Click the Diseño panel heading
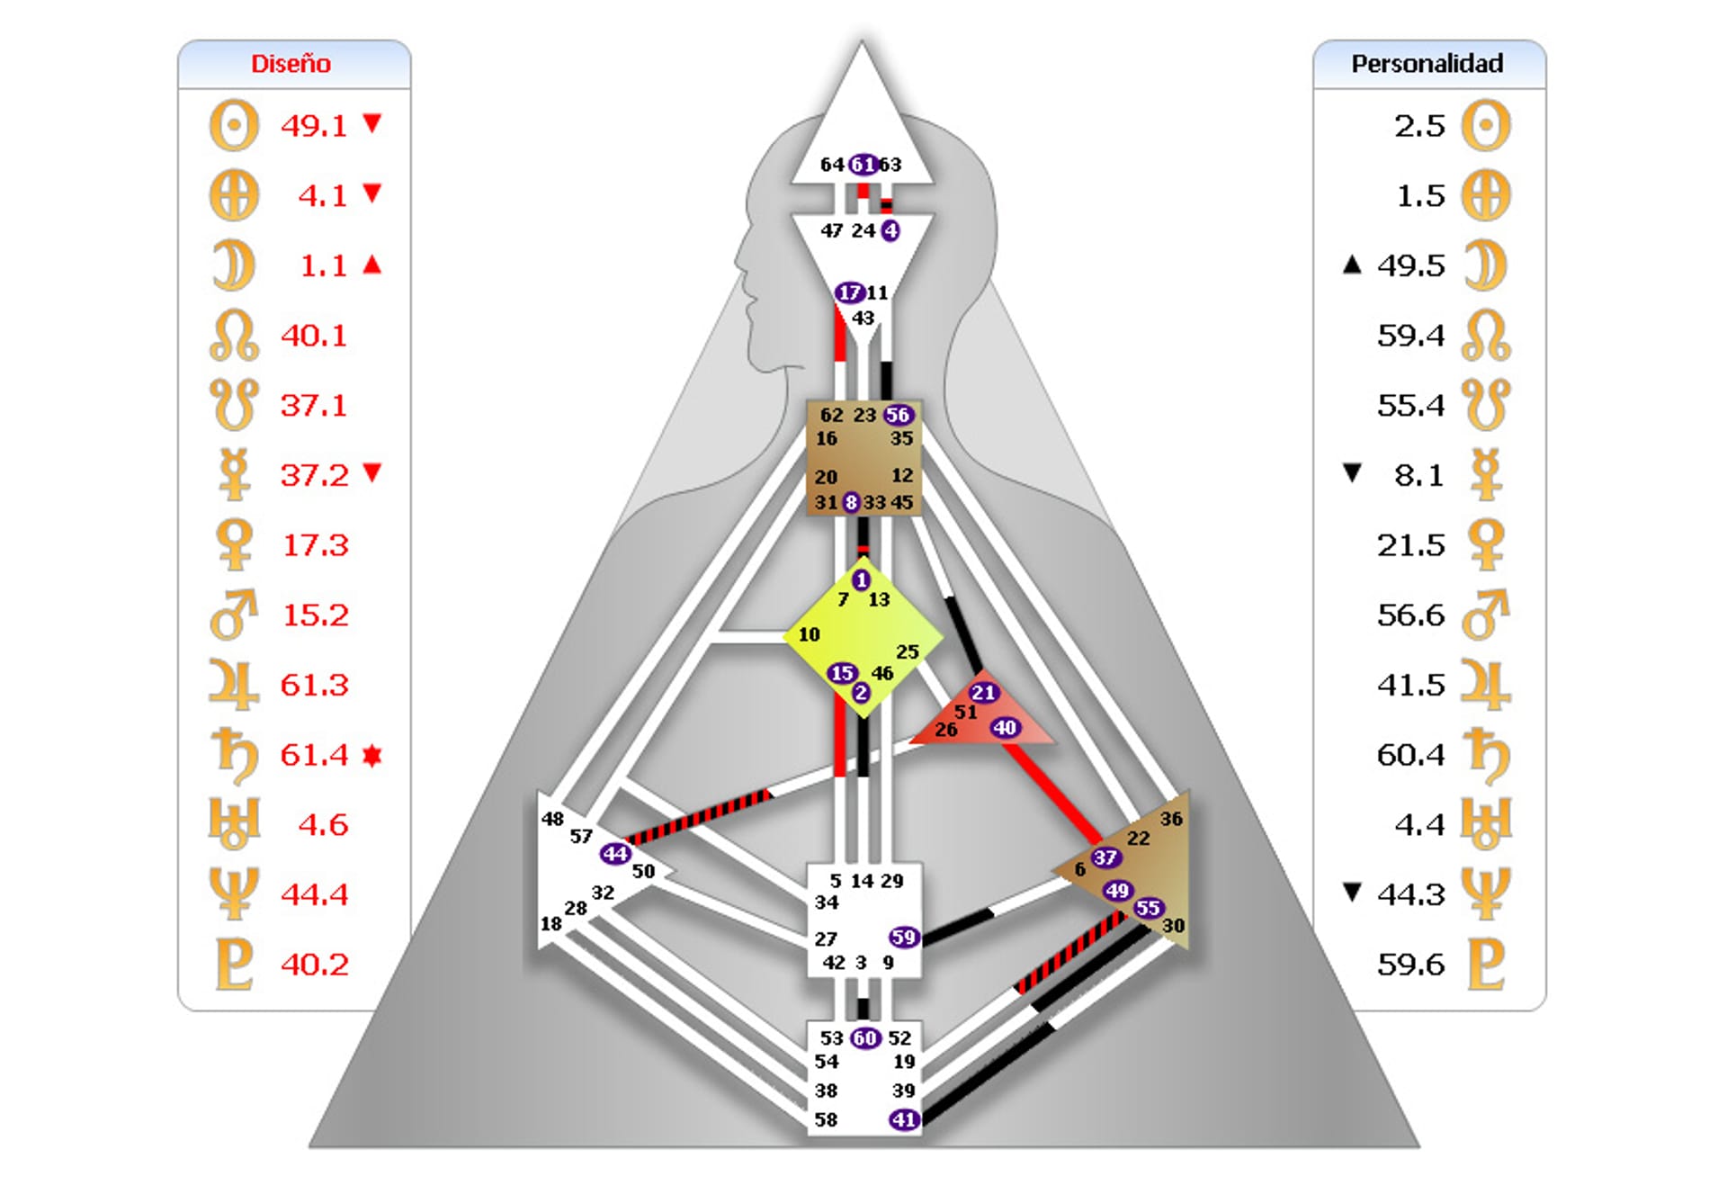[291, 64]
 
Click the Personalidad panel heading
[1427, 64]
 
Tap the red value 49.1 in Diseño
[313, 126]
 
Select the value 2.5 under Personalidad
[1419, 126]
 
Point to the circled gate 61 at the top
[863, 165]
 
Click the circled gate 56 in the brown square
[898, 415]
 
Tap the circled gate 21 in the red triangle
[983, 692]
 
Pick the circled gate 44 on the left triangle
[615, 853]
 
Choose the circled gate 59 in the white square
[903, 937]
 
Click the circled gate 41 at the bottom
[903, 1119]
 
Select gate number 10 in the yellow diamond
[809, 634]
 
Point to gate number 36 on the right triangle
[1171, 819]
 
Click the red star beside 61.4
[372, 755]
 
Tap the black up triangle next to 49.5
[1351, 265]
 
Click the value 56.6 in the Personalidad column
[1410, 615]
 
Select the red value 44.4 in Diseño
[314, 894]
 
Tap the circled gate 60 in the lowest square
[864, 1038]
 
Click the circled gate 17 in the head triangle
[848, 292]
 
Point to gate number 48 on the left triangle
[552, 819]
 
